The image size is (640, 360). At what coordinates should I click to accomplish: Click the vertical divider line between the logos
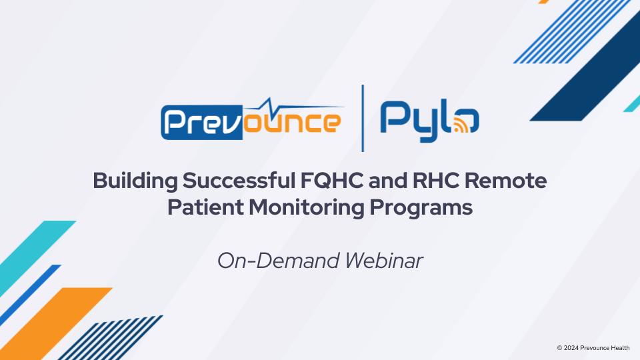[x=363, y=118]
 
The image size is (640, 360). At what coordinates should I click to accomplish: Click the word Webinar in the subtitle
[x=383, y=261]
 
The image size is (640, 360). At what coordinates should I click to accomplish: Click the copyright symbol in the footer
[x=559, y=347]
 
